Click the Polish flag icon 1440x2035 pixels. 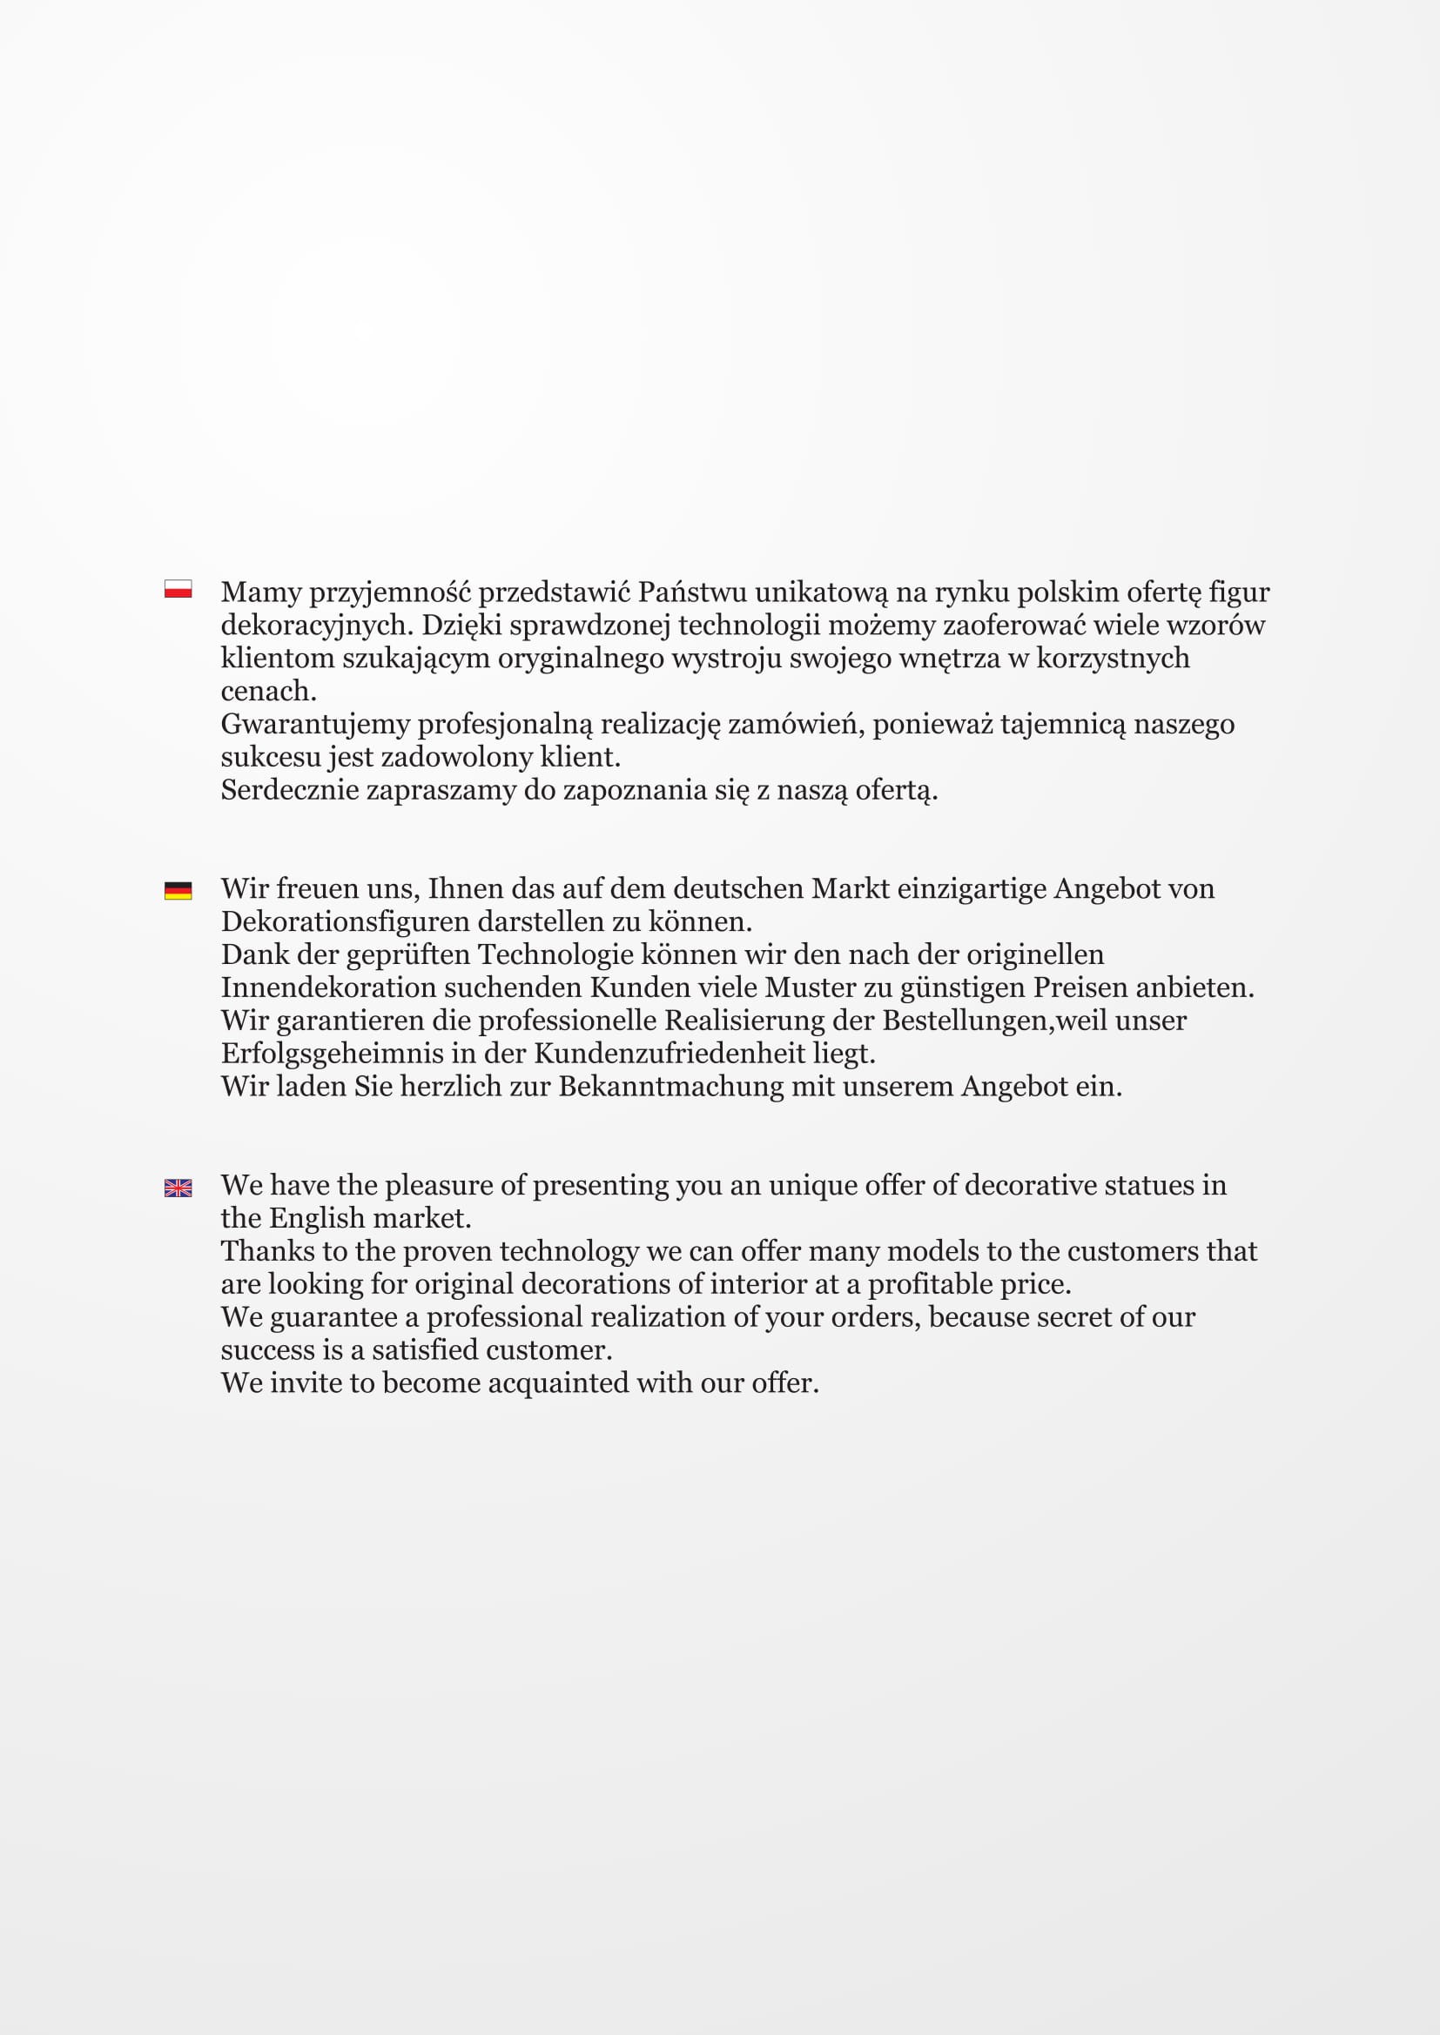[178, 588]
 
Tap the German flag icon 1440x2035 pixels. [178, 890]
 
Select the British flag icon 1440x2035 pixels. [178, 1188]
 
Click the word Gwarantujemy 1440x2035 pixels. [315, 724]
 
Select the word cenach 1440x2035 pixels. [268, 692]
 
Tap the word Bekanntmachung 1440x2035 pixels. [670, 1087]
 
